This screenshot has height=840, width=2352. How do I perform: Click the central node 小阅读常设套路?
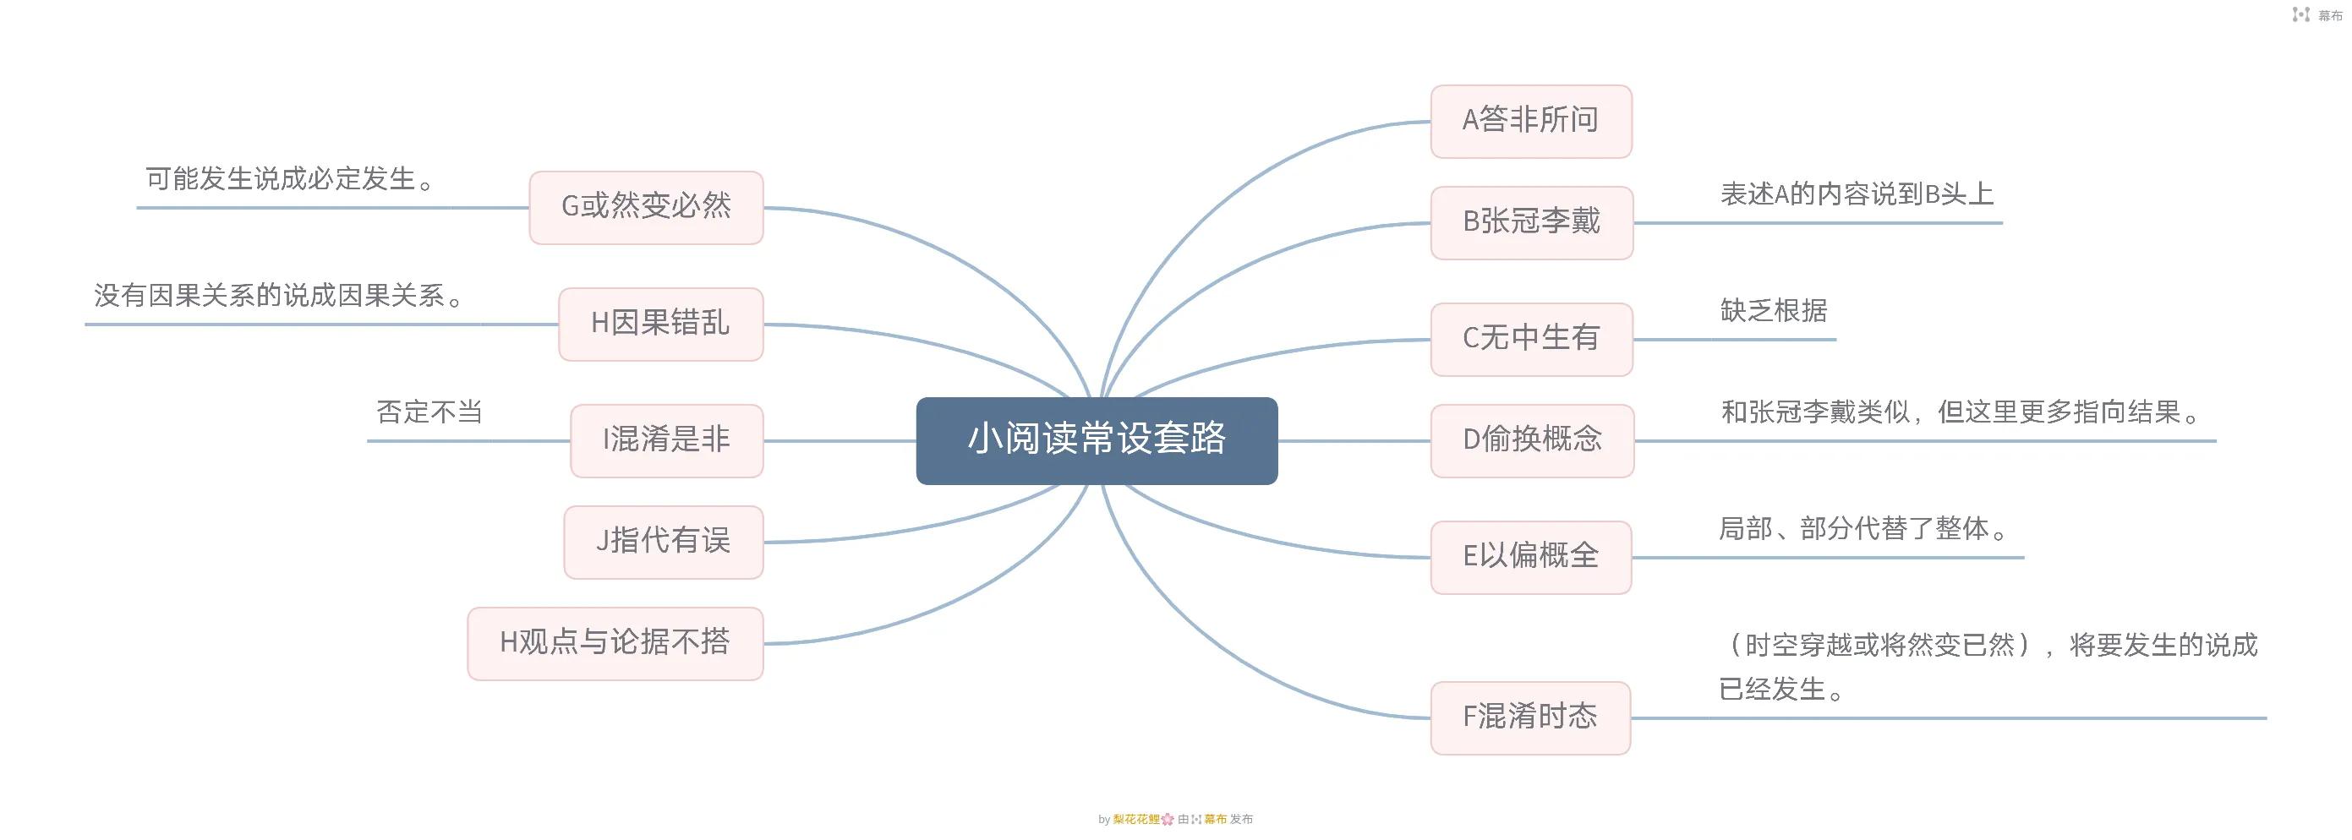click(1096, 440)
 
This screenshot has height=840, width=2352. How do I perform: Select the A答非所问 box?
click(1530, 121)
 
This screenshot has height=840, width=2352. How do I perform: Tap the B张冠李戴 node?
click(1531, 222)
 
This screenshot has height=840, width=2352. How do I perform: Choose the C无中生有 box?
click(1531, 339)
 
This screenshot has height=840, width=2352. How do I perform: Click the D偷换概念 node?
click(1531, 440)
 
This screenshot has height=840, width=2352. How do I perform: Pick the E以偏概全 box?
click(1530, 557)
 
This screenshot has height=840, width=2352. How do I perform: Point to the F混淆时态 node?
click(1529, 717)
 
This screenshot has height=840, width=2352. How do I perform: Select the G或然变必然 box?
click(646, 207)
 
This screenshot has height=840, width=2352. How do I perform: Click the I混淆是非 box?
click(665, 440)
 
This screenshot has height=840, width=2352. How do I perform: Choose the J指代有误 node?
click(663, 542)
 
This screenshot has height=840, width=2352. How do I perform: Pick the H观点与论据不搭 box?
click(615, 643)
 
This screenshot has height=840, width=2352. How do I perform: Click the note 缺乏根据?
click(1773, 311)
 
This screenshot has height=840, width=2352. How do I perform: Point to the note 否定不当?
click(429, 412)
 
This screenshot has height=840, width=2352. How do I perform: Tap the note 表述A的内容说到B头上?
click(1857, 194)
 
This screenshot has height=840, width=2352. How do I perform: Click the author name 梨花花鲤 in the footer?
click(1135, 820)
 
